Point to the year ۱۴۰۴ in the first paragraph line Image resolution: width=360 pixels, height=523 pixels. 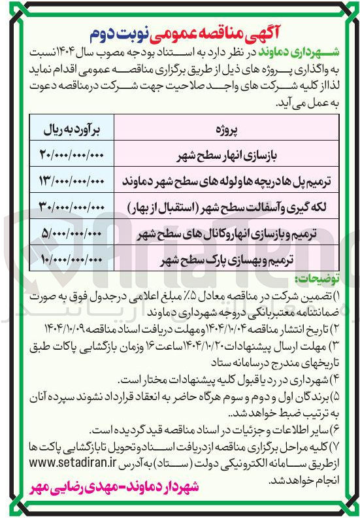(56, 51)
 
